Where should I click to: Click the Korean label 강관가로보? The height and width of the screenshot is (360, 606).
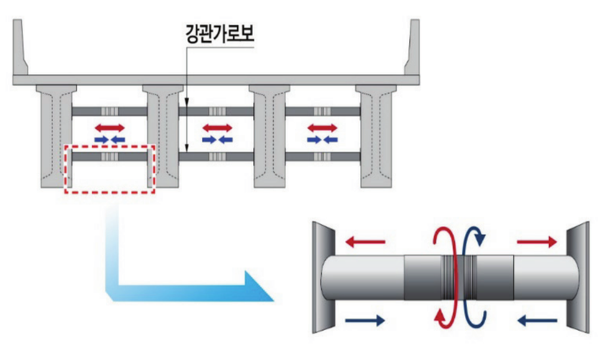(x=220, y=34)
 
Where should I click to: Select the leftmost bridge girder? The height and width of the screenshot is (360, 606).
(x=57, y=136)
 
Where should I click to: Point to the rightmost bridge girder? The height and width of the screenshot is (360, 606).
(x=376, y=136)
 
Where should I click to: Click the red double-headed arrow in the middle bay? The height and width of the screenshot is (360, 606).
(x=218, y=128)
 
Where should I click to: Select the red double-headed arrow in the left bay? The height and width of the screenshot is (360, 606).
(x=110, y=128)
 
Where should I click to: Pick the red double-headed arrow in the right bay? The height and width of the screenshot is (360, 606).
(x=323, y=128)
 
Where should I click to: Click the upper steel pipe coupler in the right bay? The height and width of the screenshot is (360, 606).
(x=323, y=111)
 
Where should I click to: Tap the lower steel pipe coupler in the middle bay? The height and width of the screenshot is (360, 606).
(x=218, y=157)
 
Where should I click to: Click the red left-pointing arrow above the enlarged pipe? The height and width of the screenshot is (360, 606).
(x=365, y=242)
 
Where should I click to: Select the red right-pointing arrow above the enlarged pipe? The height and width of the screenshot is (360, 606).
(x=537, y=242)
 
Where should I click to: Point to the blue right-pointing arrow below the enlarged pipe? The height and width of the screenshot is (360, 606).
(x=365, y=320)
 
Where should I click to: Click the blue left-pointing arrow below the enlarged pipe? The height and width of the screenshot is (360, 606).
(x=537, y=320)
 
